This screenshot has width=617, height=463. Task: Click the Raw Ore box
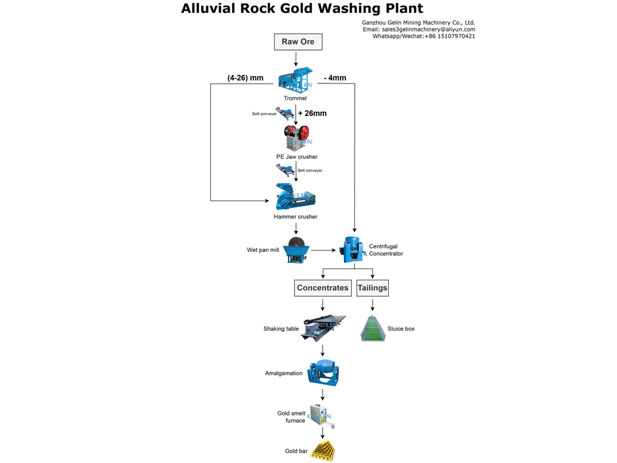click(298, 42)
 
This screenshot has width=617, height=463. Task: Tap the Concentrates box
click(323, 288)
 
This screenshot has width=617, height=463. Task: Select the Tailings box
click(373, 288)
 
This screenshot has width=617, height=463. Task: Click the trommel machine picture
click(295, 79)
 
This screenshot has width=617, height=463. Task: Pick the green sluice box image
click(373, 328)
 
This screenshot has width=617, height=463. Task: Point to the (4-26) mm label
click(246, 78)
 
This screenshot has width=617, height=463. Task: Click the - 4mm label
click(335, 78)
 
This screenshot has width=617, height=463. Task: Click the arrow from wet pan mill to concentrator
click(324, 250)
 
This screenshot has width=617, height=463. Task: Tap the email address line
click(419, 29)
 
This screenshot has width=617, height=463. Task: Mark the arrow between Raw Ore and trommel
click(296, 59)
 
